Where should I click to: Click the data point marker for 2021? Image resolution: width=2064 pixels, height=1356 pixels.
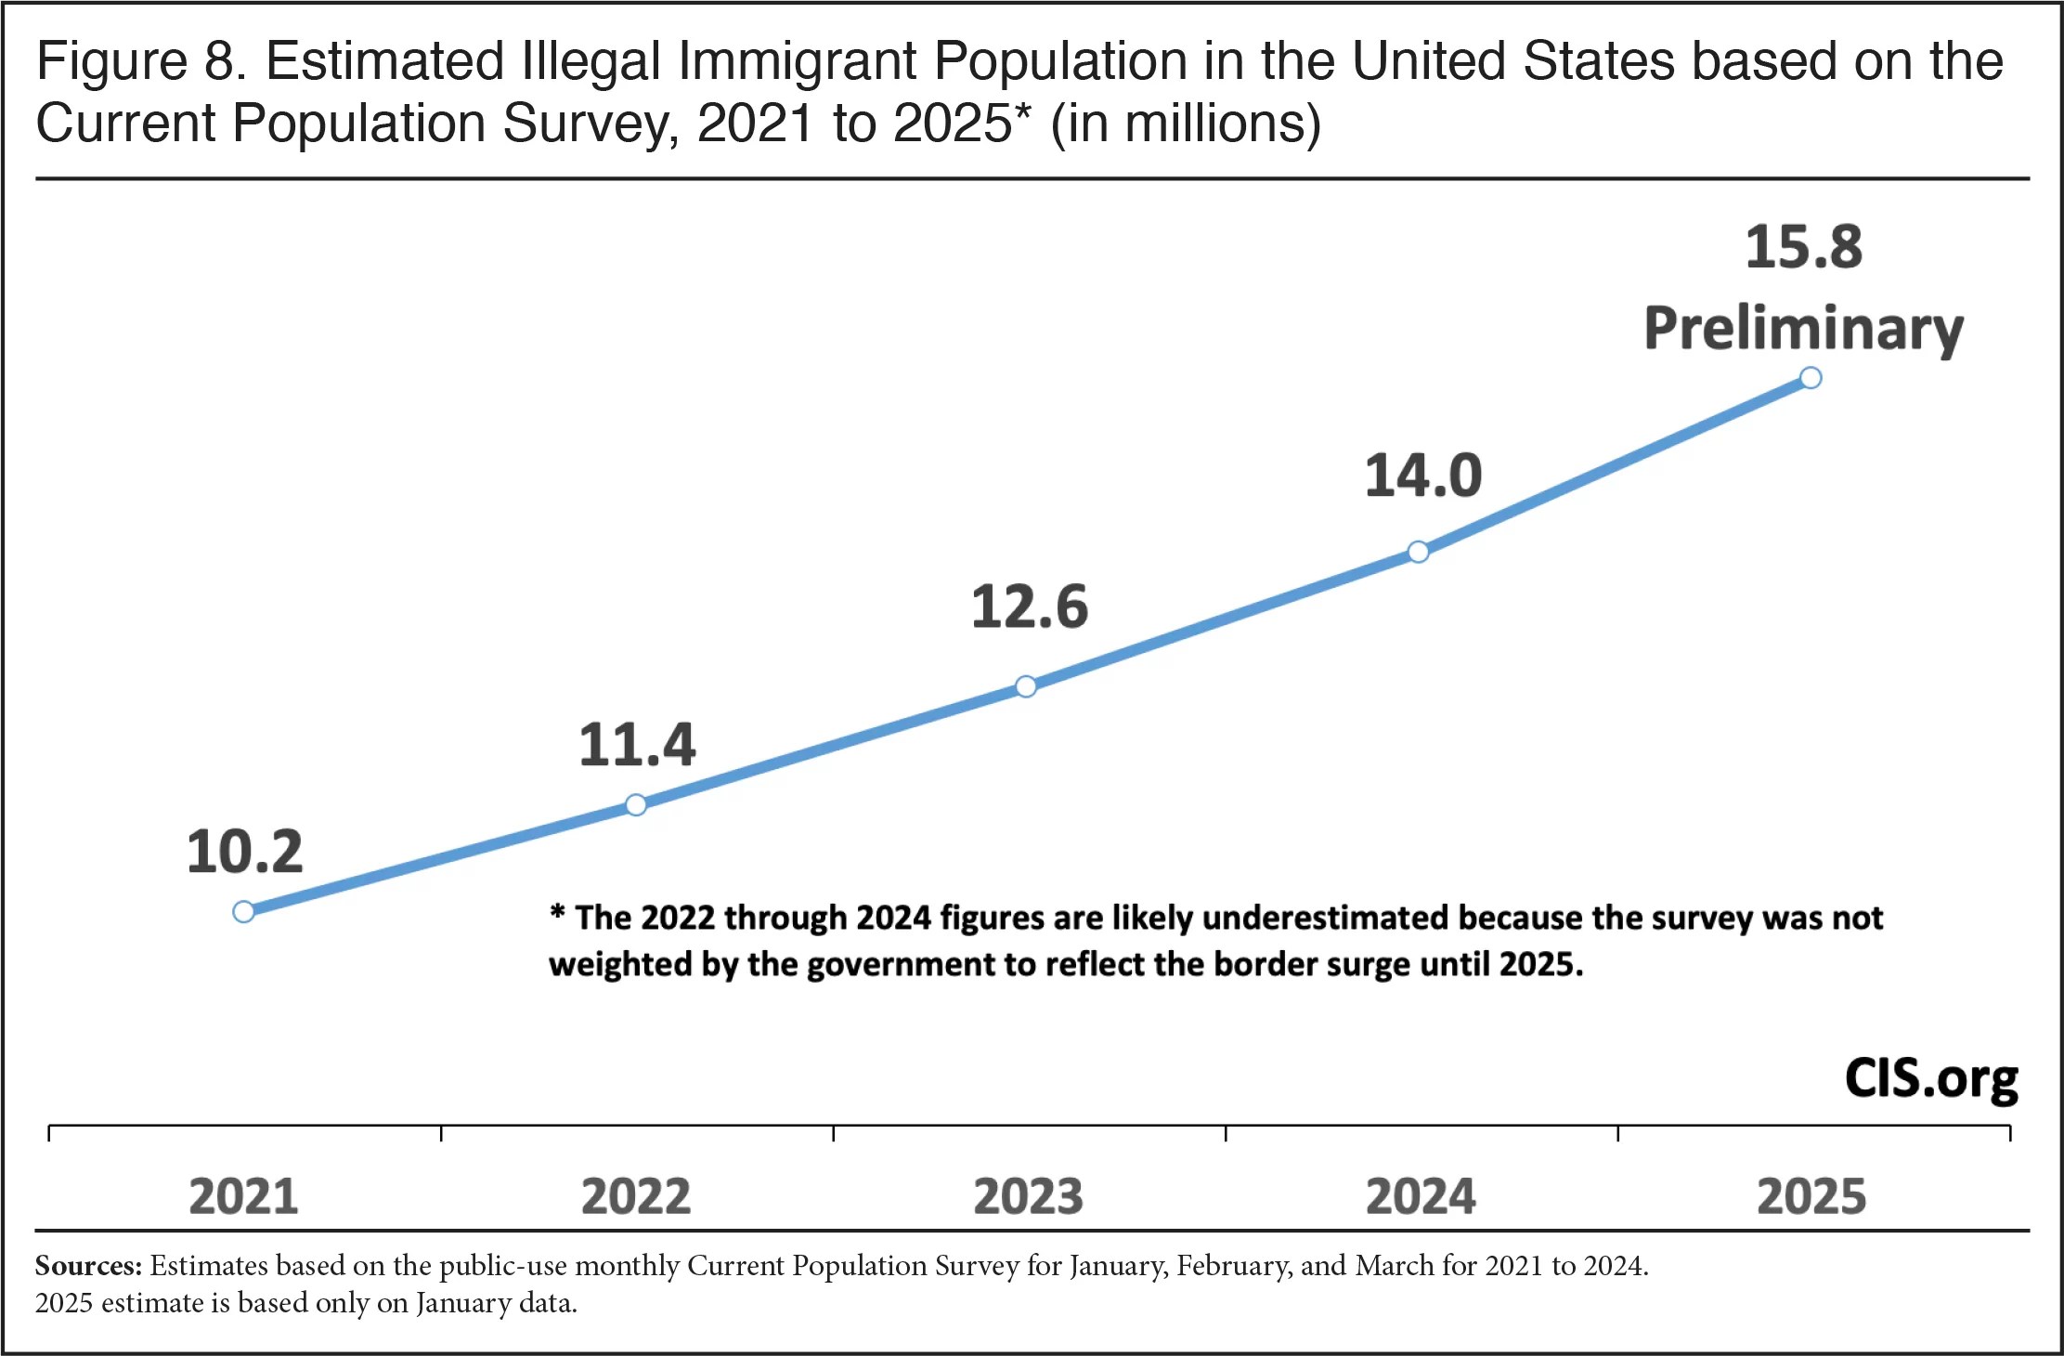243,912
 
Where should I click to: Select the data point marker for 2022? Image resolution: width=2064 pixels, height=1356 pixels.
636,804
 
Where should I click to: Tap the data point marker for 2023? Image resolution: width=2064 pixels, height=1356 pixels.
1026,686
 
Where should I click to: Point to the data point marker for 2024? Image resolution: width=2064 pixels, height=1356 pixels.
1418,553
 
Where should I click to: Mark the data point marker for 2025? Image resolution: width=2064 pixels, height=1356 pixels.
1811,378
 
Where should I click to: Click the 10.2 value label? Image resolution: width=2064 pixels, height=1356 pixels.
245,852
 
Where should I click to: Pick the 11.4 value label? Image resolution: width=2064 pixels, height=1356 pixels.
637,745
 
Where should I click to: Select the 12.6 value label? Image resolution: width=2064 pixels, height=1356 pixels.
1030,607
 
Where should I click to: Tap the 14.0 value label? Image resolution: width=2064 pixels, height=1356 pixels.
1422,476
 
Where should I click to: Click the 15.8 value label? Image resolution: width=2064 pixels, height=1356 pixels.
1804,248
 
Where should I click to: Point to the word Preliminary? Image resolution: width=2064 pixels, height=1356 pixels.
1804,329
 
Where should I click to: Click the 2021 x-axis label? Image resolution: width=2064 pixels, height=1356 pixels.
243,1196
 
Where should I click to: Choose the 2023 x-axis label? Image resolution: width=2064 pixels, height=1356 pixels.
1028,1196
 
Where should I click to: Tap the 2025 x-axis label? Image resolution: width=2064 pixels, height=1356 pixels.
1811,1196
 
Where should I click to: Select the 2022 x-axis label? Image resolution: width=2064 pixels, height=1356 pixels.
636,1196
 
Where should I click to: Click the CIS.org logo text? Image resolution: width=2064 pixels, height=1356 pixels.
1931,1080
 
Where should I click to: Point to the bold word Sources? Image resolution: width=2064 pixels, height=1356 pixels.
88,1266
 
